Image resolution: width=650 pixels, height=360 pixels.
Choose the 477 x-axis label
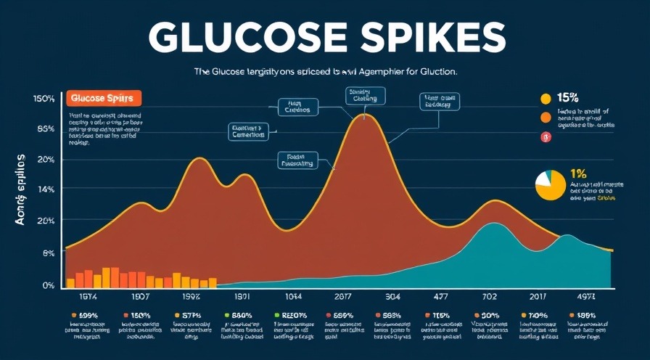pos(440,298)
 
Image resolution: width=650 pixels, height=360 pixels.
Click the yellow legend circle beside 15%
pos(546,99)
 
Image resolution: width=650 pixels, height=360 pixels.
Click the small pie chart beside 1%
pos(549,185)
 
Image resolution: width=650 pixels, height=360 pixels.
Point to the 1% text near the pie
pos(578,173)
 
